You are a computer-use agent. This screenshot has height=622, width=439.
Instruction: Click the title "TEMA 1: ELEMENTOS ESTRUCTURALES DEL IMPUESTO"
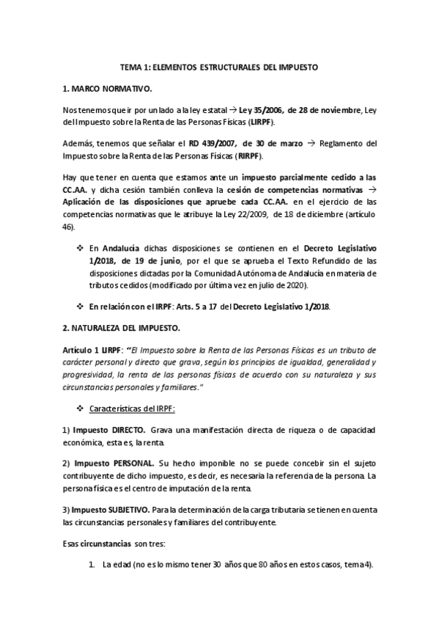(219, 67)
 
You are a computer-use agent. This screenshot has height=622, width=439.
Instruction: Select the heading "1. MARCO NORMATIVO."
(107, 89)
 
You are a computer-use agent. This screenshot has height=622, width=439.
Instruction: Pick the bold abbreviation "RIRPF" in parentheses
(246, 156)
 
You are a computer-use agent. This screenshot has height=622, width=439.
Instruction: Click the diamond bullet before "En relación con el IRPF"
(81, 305)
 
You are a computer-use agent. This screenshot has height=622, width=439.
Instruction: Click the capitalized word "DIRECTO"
(122, 428)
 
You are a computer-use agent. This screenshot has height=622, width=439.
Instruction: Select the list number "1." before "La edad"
(92, 565)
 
